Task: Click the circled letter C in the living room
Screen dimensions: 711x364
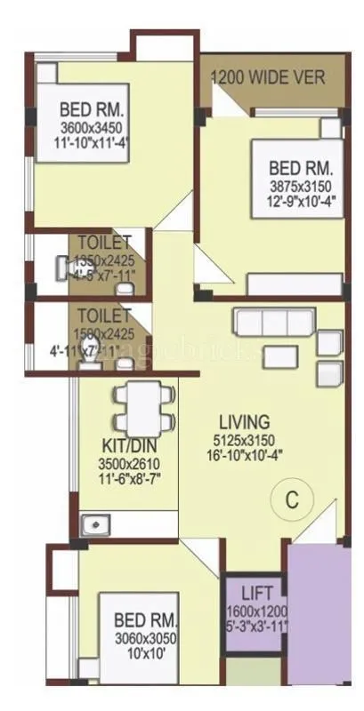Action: point(289,499)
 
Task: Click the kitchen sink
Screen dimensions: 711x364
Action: point(93,525)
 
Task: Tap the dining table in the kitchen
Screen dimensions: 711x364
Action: point(139,404)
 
